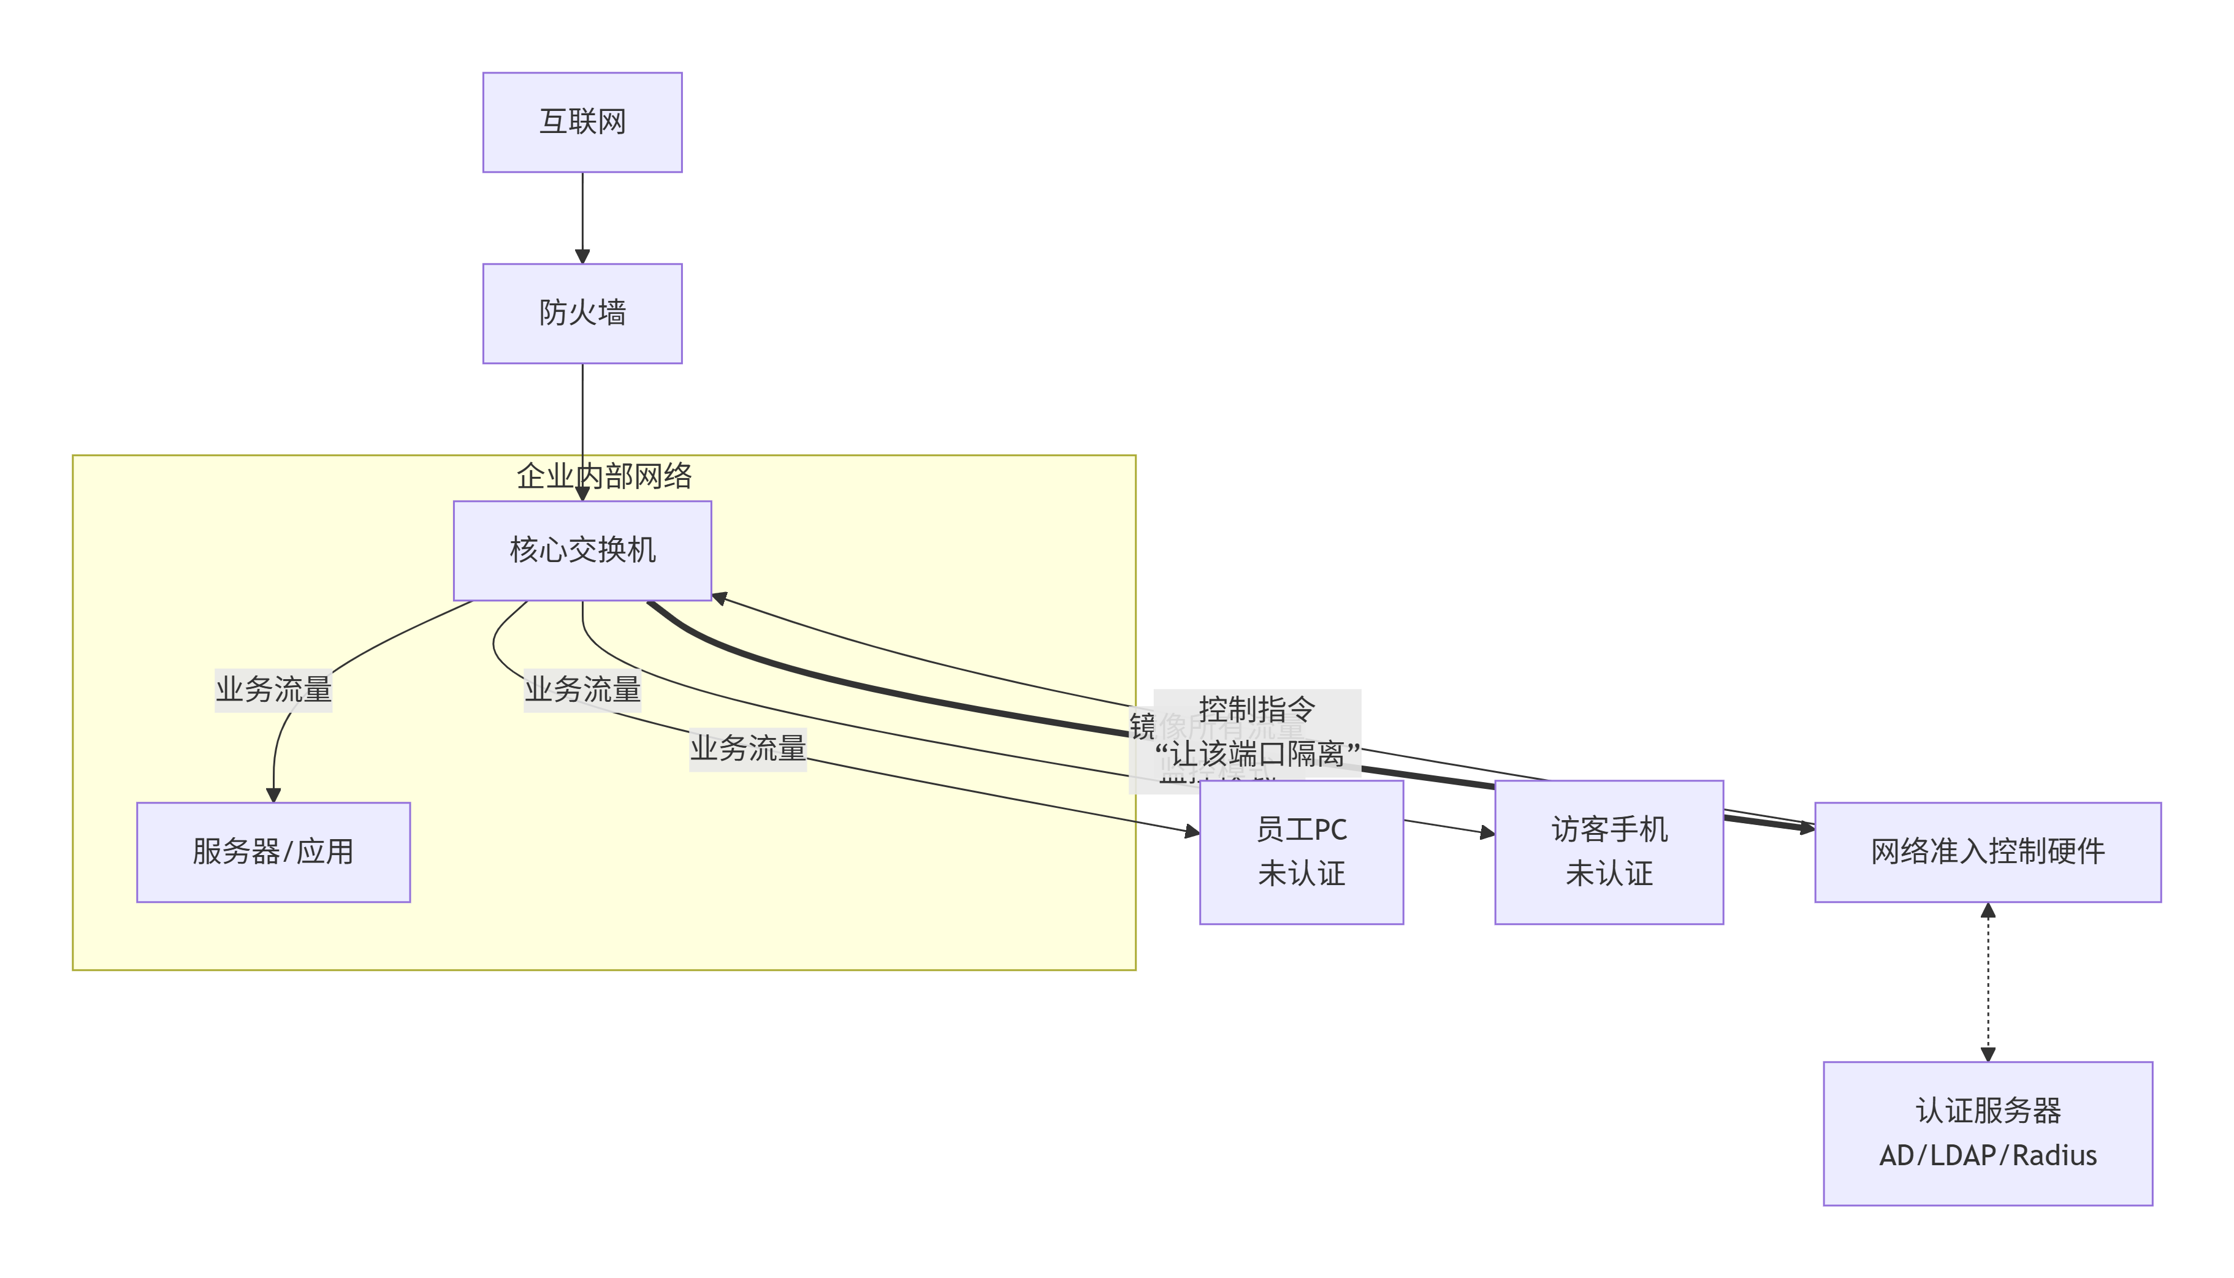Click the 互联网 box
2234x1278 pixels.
pos(582,122)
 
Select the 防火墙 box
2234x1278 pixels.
pos(582,313)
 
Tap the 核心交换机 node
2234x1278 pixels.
pos(582,550)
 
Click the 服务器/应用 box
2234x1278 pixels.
pos(273,851)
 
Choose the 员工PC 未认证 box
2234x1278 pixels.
pos(1301,851)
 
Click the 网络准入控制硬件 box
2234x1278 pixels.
pos(1988,851)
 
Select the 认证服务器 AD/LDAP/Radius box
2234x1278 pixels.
pos(1988,1133)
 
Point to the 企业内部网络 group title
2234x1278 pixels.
pos(604,477)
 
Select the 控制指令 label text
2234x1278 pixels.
pos(1256,709)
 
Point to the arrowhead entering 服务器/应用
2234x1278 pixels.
pos(273,795)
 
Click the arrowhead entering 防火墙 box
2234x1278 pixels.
pos(582,256)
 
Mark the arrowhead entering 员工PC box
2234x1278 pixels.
pos(1192,831)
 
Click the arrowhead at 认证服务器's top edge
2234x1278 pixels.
pos(1988,1054)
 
